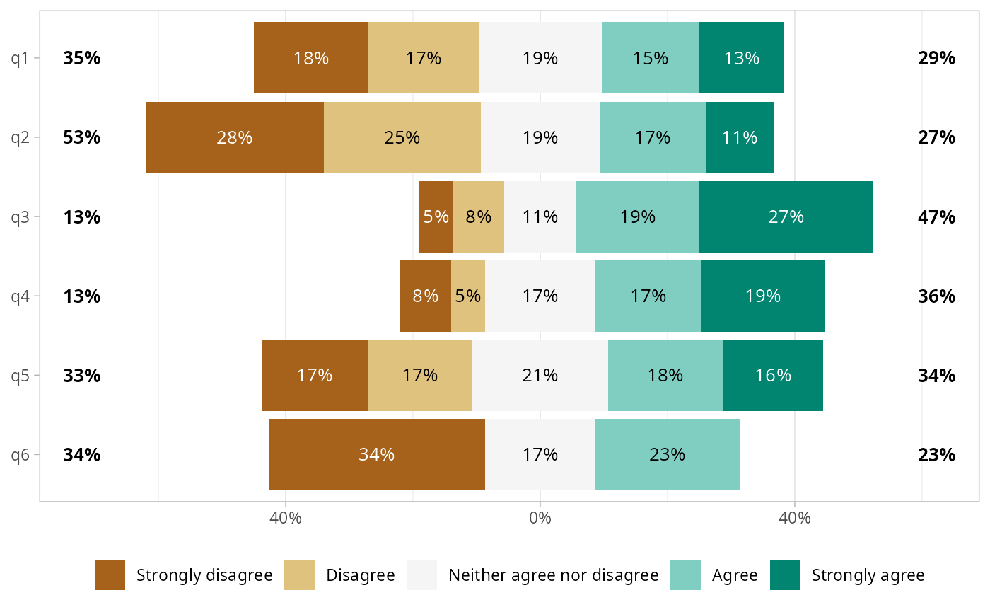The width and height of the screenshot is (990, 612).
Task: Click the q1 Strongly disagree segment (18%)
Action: (x=311, y=58)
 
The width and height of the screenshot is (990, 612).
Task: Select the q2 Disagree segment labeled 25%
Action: (x=402, y=137)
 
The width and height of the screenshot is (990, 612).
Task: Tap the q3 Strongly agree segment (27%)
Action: (x=786, y=216)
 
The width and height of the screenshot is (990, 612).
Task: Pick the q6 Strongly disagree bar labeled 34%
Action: (x=376, y=454)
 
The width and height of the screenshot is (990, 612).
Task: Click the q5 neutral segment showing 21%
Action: (x=540, y=375)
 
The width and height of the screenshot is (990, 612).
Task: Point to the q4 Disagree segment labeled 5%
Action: (x=468, y=296)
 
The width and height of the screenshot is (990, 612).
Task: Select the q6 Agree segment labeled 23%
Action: (x=667, y=454)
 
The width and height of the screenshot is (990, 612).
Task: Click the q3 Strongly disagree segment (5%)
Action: (x=436, y=216)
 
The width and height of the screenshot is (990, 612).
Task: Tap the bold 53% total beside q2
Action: (x=81, y=137)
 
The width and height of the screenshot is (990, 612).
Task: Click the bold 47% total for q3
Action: (x=936, y=216)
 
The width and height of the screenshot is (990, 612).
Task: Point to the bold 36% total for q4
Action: (x=936, y=296)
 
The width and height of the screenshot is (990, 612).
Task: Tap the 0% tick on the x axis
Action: (x=540, y=518)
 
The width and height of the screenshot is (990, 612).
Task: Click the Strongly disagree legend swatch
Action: (x=110, y=575)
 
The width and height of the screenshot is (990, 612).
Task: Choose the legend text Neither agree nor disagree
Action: (x=554, y=575)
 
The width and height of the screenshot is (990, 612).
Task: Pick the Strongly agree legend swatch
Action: (x=784, y=575)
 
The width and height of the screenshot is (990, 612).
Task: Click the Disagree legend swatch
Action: (x=299, y=575)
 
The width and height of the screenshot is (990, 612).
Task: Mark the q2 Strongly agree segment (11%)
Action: (x=740, y=137)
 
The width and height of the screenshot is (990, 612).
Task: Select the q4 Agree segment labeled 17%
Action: (x=648, y=296)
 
